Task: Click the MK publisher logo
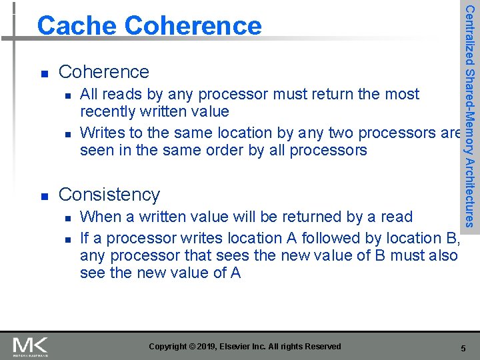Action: tap(31, 346)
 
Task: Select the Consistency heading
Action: tap(109, 194)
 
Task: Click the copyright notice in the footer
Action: tap(245, 347)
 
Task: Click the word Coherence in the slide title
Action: tap(193, 25)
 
